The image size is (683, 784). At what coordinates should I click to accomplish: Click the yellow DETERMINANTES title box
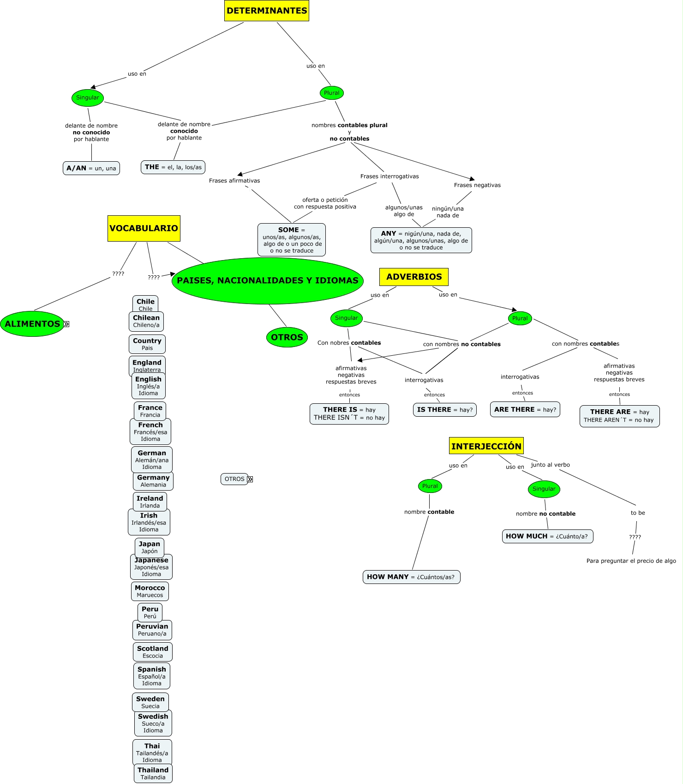pyautogui.click(x=267, y=11)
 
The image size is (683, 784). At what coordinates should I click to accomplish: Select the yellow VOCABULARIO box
pyautogui.click(x=144, y=228)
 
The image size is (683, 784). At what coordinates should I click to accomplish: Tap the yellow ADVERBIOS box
pyautogui.click(x=414, y=277)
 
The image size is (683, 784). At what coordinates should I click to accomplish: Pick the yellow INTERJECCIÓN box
pyautogui.click(x=486, y=446)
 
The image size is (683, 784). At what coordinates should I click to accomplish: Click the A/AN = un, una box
pyautogui.click(x=91, y=168)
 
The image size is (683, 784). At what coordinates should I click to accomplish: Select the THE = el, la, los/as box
pyautogui.click(x=173, y=167)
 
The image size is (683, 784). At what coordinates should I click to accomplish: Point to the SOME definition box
pyautogui.click(x=292, y=240)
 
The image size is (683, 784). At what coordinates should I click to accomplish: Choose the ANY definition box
pyautogui.click(x=421, y=240)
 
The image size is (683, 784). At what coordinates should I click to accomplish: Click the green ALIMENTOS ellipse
pyautogui.click(x=32, y=324)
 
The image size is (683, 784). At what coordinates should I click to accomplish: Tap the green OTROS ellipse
pyautogui.click(x=287, y=337)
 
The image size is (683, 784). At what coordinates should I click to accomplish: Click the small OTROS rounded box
pyautogui.click(x=234, y=479)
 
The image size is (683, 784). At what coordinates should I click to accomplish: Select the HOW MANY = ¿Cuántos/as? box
pyautogui.click(x=411, y=577)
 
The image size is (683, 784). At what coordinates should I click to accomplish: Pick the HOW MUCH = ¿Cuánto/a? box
pyautogui.click(x=547, y=536)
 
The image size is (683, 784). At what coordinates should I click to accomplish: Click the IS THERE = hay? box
pyautogui.click(x=445, y=410)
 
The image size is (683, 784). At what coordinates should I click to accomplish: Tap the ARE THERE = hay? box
pyautogui.click(x=525, y=410)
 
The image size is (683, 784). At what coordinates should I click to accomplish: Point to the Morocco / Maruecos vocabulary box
pyautogui.click(x=150, y=591)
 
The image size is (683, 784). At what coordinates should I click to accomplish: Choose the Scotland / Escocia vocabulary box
pyautogui.click(x=153, y=652)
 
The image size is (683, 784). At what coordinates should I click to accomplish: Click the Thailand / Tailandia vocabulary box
pyautogui.click(x=153, y=773)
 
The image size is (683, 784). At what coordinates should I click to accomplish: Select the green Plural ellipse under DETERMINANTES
pyautogui.click(x=332, y=93)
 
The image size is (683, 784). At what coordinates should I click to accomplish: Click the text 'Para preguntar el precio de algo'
pyautogui.click(x=631, y=561)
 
